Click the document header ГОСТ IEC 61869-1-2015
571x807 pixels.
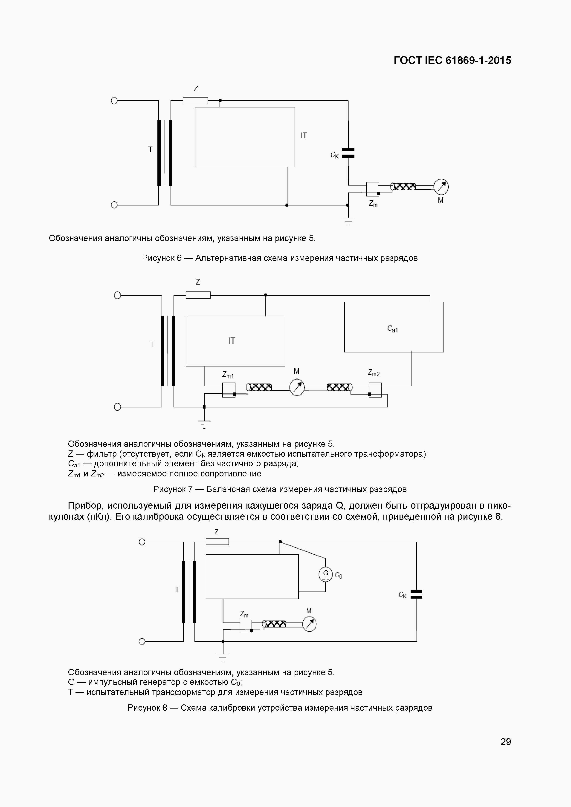452,61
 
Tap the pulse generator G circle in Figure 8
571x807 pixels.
325,575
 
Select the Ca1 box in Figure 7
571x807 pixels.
394,327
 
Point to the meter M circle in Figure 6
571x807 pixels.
441,187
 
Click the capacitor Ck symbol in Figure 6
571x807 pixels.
348,153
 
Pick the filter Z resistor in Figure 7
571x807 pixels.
198,295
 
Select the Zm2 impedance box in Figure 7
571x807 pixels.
375,389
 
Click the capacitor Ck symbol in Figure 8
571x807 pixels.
416,594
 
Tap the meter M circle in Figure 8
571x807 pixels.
309,624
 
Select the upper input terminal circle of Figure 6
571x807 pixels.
114,101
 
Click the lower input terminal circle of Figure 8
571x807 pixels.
142,641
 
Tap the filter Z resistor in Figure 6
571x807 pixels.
195,101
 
